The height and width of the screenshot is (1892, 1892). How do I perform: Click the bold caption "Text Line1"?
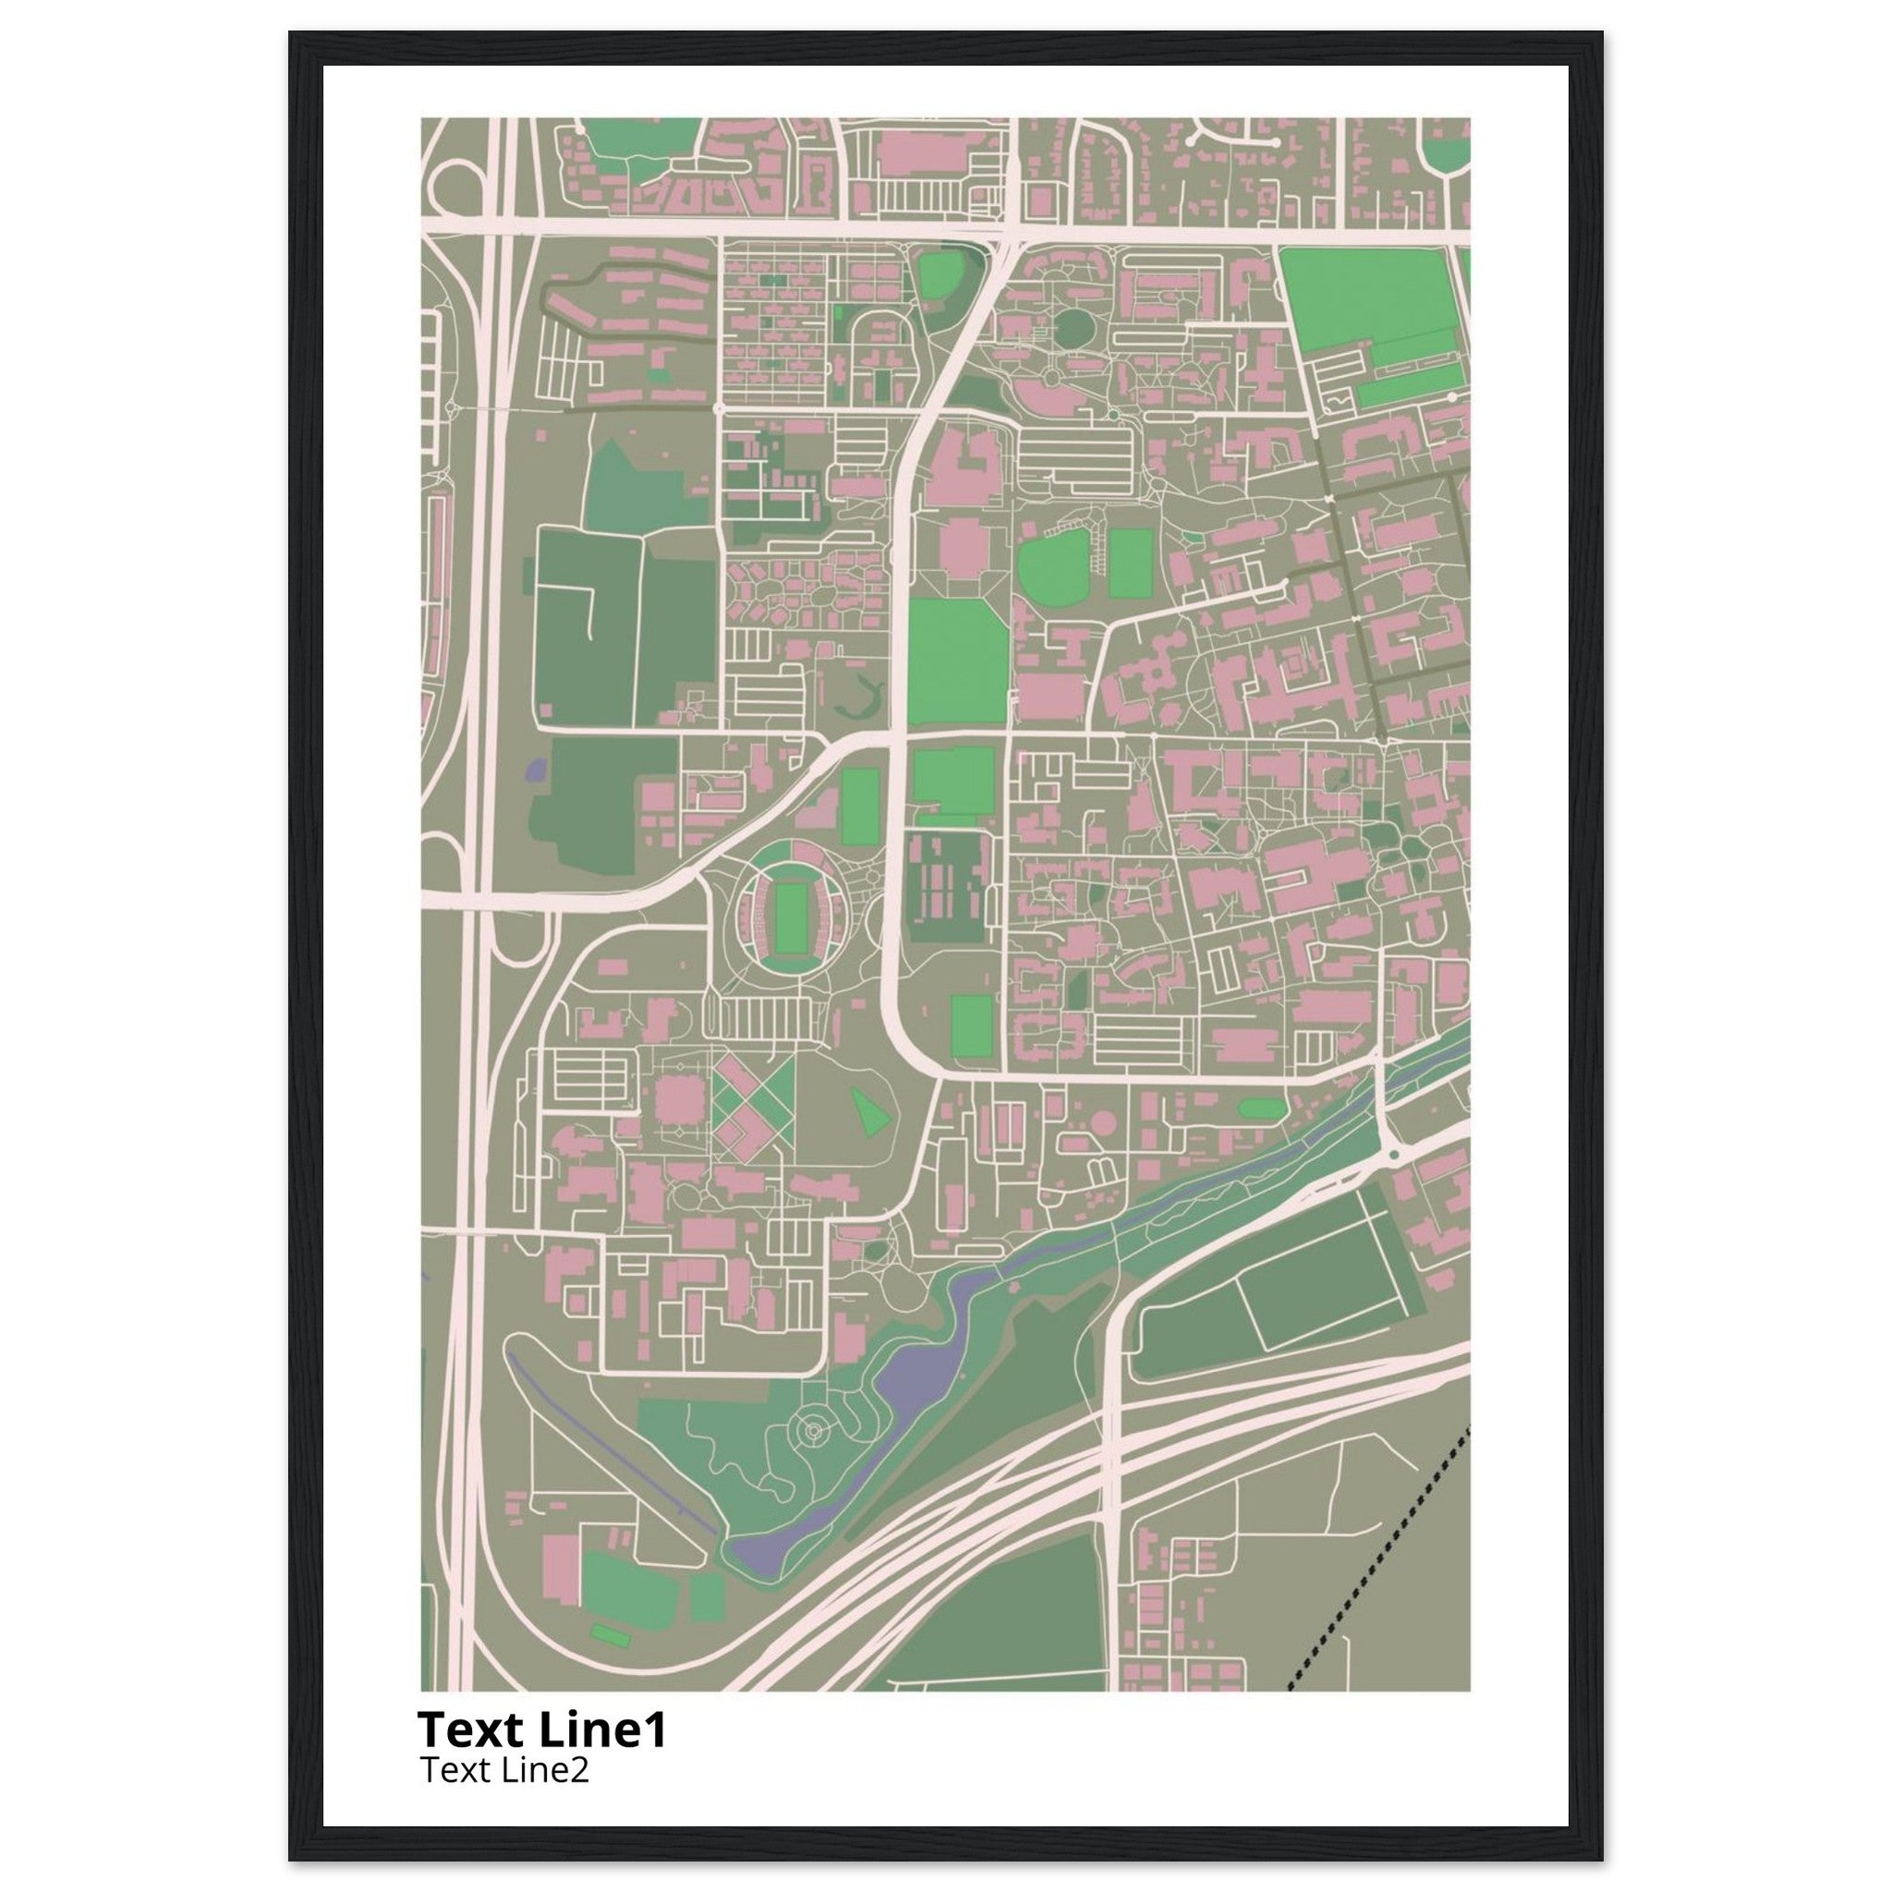point(541,1729)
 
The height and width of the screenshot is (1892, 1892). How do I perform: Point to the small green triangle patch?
point(870,1112)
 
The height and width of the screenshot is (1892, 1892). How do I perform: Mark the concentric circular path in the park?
point(812,1434)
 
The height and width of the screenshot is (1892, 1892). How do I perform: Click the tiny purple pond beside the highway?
point(535,769)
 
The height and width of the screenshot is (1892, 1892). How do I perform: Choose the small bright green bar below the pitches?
point(609,1633)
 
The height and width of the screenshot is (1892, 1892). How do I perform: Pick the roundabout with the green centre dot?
point(1392,1156)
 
